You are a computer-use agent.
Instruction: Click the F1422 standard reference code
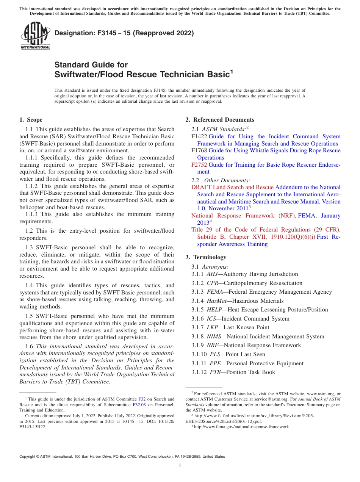199,136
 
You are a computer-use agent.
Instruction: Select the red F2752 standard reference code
199,165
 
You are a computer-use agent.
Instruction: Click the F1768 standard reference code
199,150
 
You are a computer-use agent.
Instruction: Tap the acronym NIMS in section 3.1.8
215,336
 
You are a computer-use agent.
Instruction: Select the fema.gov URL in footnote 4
241,427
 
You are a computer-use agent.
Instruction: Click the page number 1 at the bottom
180,466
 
